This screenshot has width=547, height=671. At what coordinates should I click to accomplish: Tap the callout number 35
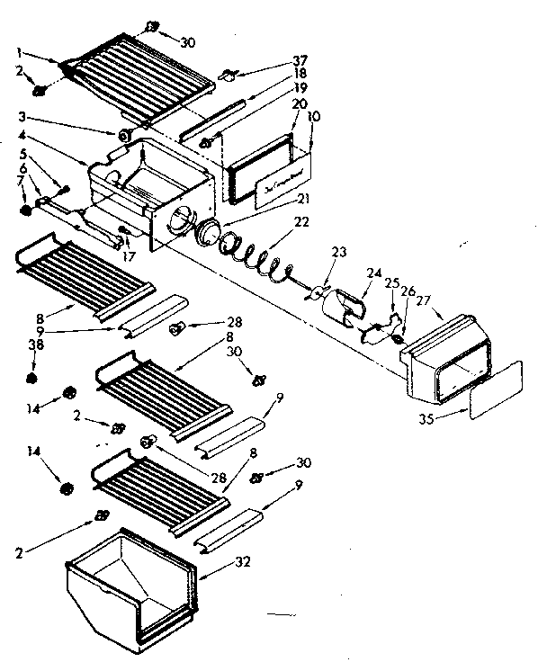click(427, 418)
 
